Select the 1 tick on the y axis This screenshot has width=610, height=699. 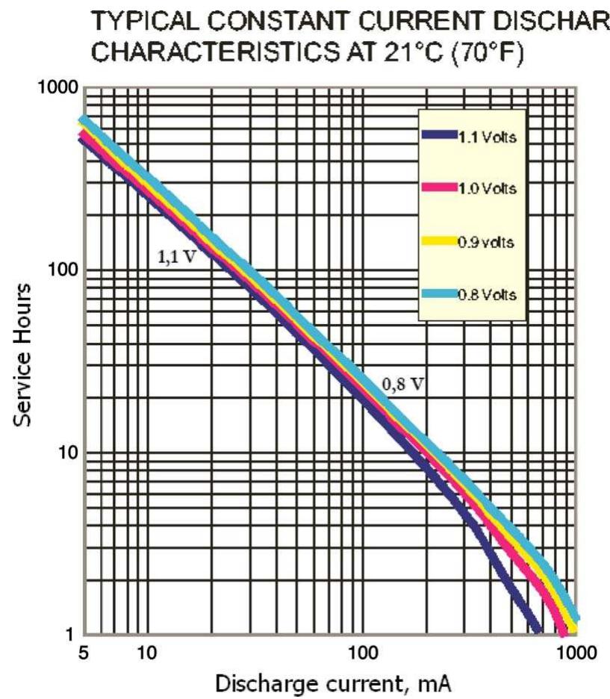coord(72,636)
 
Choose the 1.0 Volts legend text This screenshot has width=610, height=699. coord(487,189)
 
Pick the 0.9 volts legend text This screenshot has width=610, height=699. coord(486,243)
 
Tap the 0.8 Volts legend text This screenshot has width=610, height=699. coord(487,294)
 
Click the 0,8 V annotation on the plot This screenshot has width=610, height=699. coord(403,386)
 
